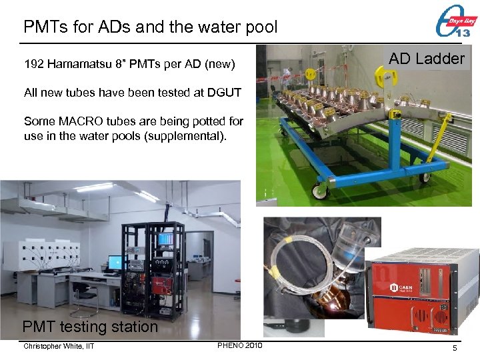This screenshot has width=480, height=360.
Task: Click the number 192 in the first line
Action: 33,65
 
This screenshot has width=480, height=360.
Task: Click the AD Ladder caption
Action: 427,59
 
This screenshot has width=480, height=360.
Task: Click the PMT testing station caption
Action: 90,327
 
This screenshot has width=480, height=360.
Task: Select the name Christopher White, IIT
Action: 59,346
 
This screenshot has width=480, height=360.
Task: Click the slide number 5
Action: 454,348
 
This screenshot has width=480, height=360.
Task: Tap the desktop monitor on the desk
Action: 115,262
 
